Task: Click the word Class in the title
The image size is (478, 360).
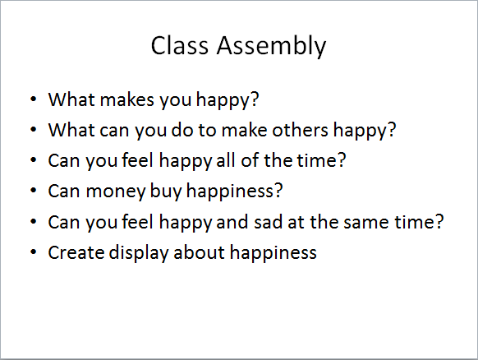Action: pos(180,45)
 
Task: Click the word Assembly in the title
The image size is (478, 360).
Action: pos(271,46)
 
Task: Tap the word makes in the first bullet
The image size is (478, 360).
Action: pos(126,99)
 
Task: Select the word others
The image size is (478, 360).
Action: pos(300,130)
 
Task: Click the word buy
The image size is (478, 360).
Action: pos(166,192)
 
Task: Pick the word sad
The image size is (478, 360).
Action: pos(268,222)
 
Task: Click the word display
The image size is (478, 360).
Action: pos(139,253)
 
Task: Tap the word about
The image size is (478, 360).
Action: pos(200,252)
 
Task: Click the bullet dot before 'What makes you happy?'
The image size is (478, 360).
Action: pos(34,99)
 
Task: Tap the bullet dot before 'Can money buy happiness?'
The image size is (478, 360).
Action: pos(34,191)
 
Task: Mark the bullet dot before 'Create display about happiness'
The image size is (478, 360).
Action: pos(34,252)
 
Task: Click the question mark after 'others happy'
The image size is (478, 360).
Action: pos(392,130)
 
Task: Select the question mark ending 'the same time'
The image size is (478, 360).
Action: pos(439,222)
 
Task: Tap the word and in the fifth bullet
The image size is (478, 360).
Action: pos(232,222)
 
